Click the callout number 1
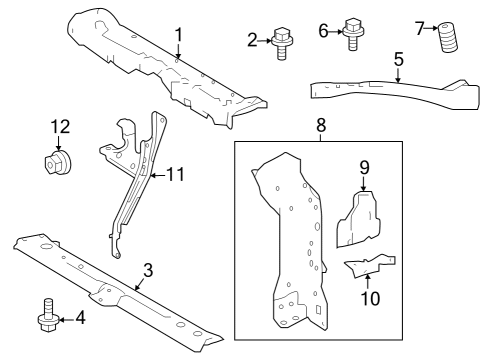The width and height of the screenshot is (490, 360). pyautogui.click(x=179, y=35)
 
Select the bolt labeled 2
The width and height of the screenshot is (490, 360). pyautogui.click(x=282, y=44)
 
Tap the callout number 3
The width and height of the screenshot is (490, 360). pyautogui.click(x=148, y=270)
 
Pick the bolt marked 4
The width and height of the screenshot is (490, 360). pyautogui.click(x=49, y=315)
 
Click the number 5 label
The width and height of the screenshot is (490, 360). pyautogui.click(x=399, y=59)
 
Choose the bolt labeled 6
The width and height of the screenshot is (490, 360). pyautogui.click(x=353, y=34)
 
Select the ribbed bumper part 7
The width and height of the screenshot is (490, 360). pyautogui.click(x=448, y=37)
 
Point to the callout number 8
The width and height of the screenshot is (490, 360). pyautogui.click(x=320, y=126)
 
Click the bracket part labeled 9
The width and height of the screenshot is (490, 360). pyautogui.click(x=358, y=219)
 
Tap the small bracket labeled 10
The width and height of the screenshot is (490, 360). pyautogui.click(x=369, y=265)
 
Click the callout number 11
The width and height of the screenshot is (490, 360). pyautogui.click(x=175, y=174)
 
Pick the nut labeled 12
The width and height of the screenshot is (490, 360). pyautogui.click(x=57, y=162)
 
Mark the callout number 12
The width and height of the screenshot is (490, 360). pyautogui.click(x=60, y=127)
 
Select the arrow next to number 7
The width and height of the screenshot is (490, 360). pyautogui.click(x=432, y=28)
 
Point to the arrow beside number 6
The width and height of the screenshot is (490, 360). pyautogui.click(x=336, y=32)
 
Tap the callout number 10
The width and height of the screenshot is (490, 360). pyautogui.click(x=370, y=298)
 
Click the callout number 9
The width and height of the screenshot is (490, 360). pyautogui.click(x=364, y=167)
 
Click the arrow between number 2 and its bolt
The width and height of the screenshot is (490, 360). pyautogui.click(x=265, y=41)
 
